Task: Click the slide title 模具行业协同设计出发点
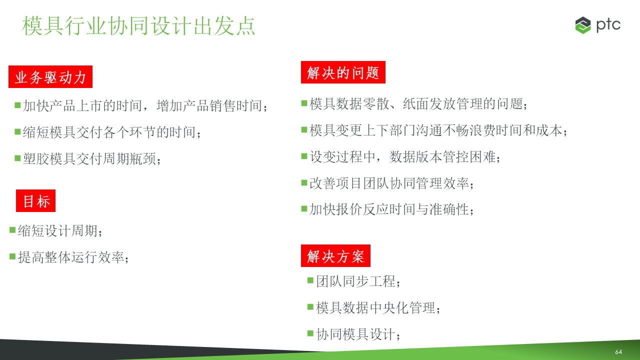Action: (x=138, y=25)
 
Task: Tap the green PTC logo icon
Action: (x=583, y=25)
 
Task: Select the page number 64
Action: (x=618, y=351)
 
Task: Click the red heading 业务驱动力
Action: (x=50, y=77)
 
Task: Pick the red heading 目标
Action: (x=35, y=201)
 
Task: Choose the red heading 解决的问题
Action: (x=343, y=72)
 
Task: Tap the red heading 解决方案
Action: (x=335, y=255)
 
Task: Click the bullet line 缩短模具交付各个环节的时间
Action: (x=112, y=132)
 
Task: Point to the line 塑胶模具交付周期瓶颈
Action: (x=92, y=159)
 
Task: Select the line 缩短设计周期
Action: (x=60, y=231)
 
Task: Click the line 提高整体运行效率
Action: (x=73, y=257)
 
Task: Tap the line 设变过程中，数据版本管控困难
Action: (x=405, y=157)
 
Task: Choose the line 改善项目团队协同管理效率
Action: (x=391, y=183)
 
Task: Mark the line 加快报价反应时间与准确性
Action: (x=391, y=209)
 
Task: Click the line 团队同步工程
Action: (x=358, y=281)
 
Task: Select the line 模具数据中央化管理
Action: (x=378, y=308)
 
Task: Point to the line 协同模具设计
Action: (x=358, y=334)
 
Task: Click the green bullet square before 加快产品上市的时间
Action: (x=17, y=105)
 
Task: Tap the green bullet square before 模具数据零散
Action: (x=304, y=103)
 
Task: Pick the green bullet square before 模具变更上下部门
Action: (x=304, y=130)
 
